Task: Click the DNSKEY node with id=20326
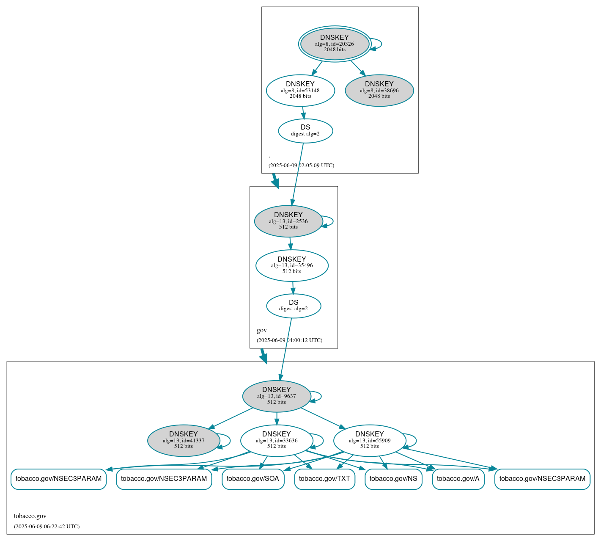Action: coord(335,44)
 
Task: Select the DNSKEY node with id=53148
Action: coord(300,90)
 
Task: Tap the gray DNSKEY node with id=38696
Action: coord(379,90)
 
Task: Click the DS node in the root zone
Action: coord(305,131)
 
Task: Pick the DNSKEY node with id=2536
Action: coord(288,221)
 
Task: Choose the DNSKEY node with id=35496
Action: coord(292,265)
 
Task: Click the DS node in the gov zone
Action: coord(294,306)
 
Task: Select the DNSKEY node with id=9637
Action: coord(277,396)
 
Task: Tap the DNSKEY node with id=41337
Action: coord(184,441)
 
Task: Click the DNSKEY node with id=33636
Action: coord(277,441)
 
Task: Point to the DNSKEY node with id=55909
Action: coord(370,441)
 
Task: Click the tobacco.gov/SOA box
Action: coord(253,479)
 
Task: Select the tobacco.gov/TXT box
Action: coord(324,479)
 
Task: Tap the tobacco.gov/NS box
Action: coord(393,479)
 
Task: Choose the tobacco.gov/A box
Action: coord(458,479)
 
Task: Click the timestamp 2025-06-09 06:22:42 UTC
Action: coord(47,527)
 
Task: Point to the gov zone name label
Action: coord(262,330)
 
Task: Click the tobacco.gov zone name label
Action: coord(30,516)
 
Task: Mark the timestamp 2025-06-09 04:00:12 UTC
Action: coord(289,340)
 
